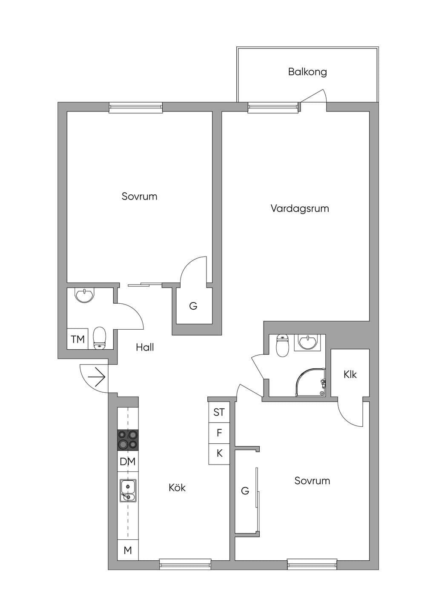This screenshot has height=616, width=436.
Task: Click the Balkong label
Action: pos(307,72)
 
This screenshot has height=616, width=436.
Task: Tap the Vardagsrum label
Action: pos(300,208)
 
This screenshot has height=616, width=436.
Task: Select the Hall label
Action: pos(145,347)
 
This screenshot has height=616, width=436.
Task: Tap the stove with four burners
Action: pos(128,440)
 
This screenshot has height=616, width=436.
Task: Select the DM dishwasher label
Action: pos(128,462)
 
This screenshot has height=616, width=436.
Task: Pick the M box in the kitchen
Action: pos(128,550)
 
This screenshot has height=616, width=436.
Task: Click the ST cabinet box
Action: pos(219,412)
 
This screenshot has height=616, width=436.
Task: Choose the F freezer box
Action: pos(219,433)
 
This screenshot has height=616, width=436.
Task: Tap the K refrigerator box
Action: pos(219,454)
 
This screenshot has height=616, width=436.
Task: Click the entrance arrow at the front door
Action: pos(96,377)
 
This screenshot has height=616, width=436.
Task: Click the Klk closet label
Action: pos(350,374)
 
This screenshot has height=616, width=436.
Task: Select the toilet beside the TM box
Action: pos(100,338)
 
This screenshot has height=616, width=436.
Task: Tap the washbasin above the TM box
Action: pos(84,295)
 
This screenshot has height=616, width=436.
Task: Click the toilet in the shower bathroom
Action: pos(282,345)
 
